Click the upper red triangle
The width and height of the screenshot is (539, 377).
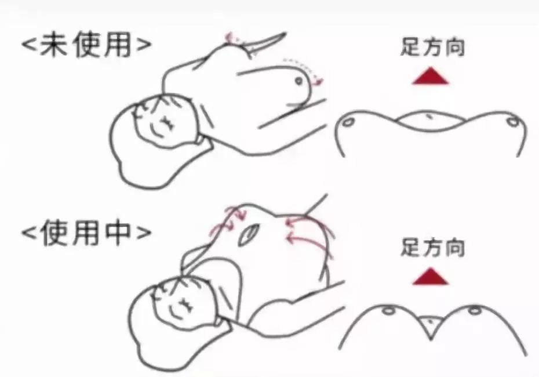click(431, 76)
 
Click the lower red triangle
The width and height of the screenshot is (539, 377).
click(431, 276)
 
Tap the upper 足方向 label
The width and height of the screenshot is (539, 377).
click(432, 47)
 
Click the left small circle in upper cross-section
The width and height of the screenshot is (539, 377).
click(348, 123)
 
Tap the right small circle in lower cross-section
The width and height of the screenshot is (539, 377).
click(475, 311)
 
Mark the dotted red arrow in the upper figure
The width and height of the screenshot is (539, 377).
click(301, 65)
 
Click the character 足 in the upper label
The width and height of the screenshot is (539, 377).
click(410, 47)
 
